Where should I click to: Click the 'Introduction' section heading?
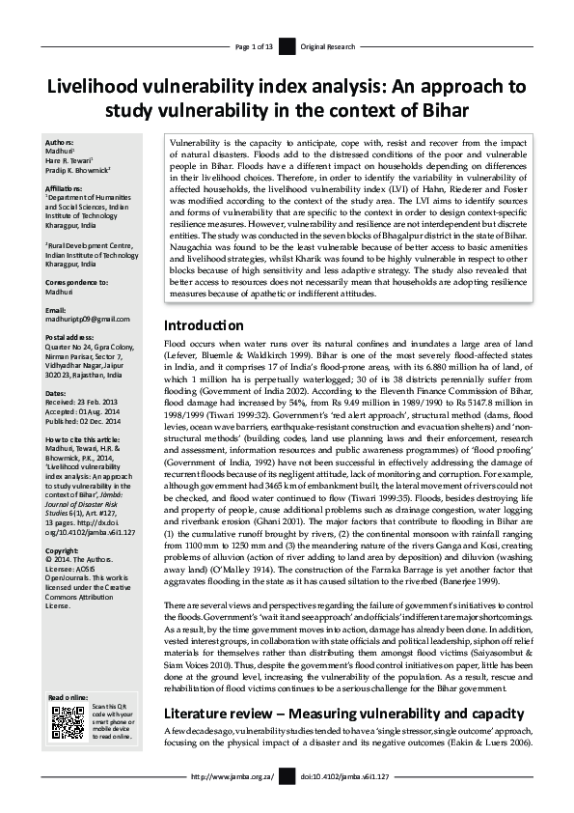click(203, 325)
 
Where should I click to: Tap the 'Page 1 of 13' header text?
click(254, 46)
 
